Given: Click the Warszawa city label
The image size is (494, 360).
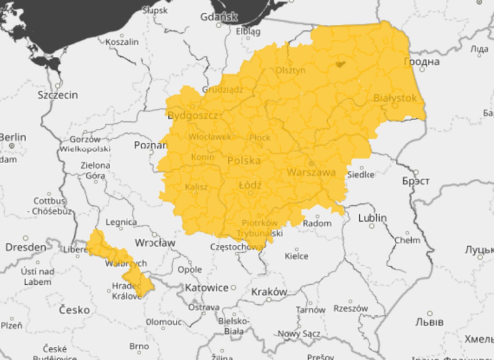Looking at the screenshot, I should pyautogui.click(x=311, y=172).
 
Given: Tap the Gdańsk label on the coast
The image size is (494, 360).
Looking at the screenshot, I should pyautogui.click(x=219, y=17).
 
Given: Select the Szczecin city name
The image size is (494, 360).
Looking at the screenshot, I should pyautogui.click(x=58, y=95).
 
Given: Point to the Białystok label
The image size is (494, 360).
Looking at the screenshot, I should pyautogui.click(x=395, y=98).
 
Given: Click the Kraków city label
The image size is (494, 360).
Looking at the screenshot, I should pyautogui.click(x=269, y=292).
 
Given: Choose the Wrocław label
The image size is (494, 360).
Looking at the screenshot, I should pyautogui.click(x=155, y=243).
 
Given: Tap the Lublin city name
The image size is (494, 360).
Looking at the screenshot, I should pyautogui.click(x=372, y=218).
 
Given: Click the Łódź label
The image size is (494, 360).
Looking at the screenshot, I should pyautogui.click(x=250, y=186).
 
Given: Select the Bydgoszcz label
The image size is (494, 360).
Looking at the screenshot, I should pyautogui.click(x=193, y=116).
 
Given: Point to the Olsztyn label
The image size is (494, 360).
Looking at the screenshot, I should pyautogui.click(x=291, y=70).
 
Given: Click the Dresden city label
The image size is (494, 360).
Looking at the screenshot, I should pyautogui.click(x=26, y=247).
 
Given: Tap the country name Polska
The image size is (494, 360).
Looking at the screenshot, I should pyautogui.click(x=244, y=160).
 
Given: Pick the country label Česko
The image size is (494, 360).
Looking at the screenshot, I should pyautogui.click(x=74, y=310).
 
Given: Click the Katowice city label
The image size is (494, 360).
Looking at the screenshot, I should pyautogui.click(x=207, y=288).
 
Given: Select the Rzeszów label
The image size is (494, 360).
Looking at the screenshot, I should pyautogui.click(x=351, y=308).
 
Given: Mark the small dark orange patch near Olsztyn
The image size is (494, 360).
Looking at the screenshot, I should pyautogui.click(x=340, y=64).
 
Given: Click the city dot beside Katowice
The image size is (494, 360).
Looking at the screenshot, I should pyautogui.click(x=233, y=287).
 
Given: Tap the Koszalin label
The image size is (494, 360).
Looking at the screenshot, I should pyautogui.click(x=122, y=42).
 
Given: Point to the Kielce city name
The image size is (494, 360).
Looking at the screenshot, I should pyautogui.click(x=296, y=256).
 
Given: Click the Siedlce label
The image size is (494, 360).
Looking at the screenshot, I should pyautogui.click(x=361, y=174).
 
